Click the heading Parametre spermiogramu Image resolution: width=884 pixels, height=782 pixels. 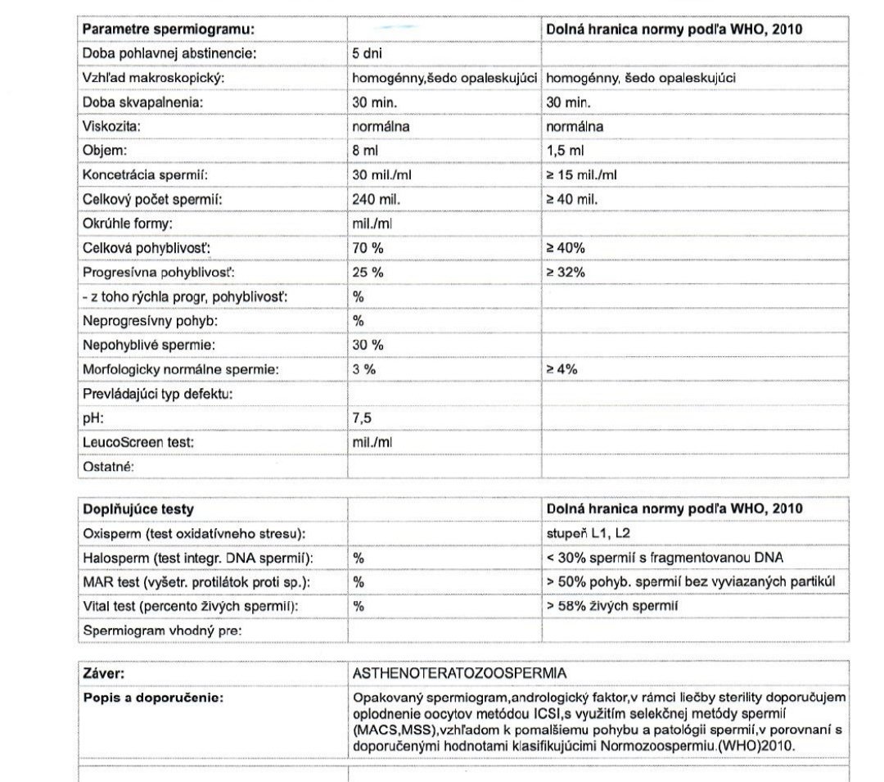coord(169,29)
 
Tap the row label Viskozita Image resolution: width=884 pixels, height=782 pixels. coord(112,127)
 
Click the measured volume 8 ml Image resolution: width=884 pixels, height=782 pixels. coord(365,151)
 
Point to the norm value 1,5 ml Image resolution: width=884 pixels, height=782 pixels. coord(565,151)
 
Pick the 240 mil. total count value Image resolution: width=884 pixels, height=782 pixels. coord(375,200)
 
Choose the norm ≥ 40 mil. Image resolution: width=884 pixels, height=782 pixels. coord(572,200)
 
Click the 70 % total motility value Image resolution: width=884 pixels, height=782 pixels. coord(368,248)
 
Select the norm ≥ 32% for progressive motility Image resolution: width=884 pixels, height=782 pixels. coord(566,273)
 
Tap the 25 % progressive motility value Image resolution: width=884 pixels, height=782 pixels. coord(368,273)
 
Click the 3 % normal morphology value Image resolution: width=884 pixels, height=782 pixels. coord(364,369)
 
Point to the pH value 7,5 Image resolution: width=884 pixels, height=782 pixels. coord(362,418)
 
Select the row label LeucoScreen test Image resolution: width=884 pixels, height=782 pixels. coord(138,442)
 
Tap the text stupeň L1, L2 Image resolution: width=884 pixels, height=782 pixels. coord(588,534)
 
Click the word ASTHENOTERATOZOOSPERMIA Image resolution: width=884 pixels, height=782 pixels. coord(458,673)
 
